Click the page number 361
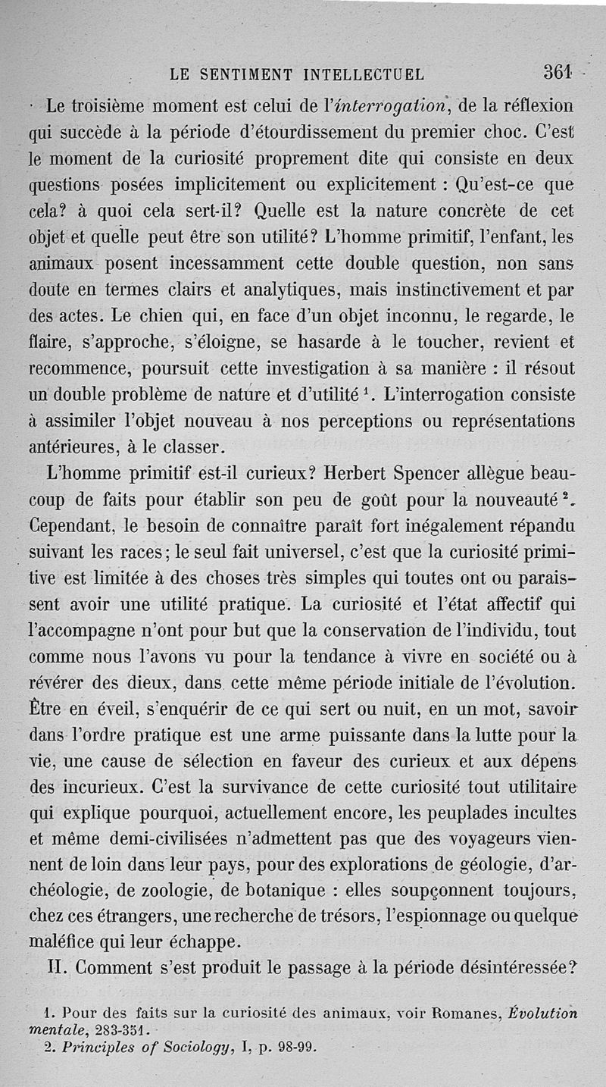(557, 73)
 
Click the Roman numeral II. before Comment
(58, 970)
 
